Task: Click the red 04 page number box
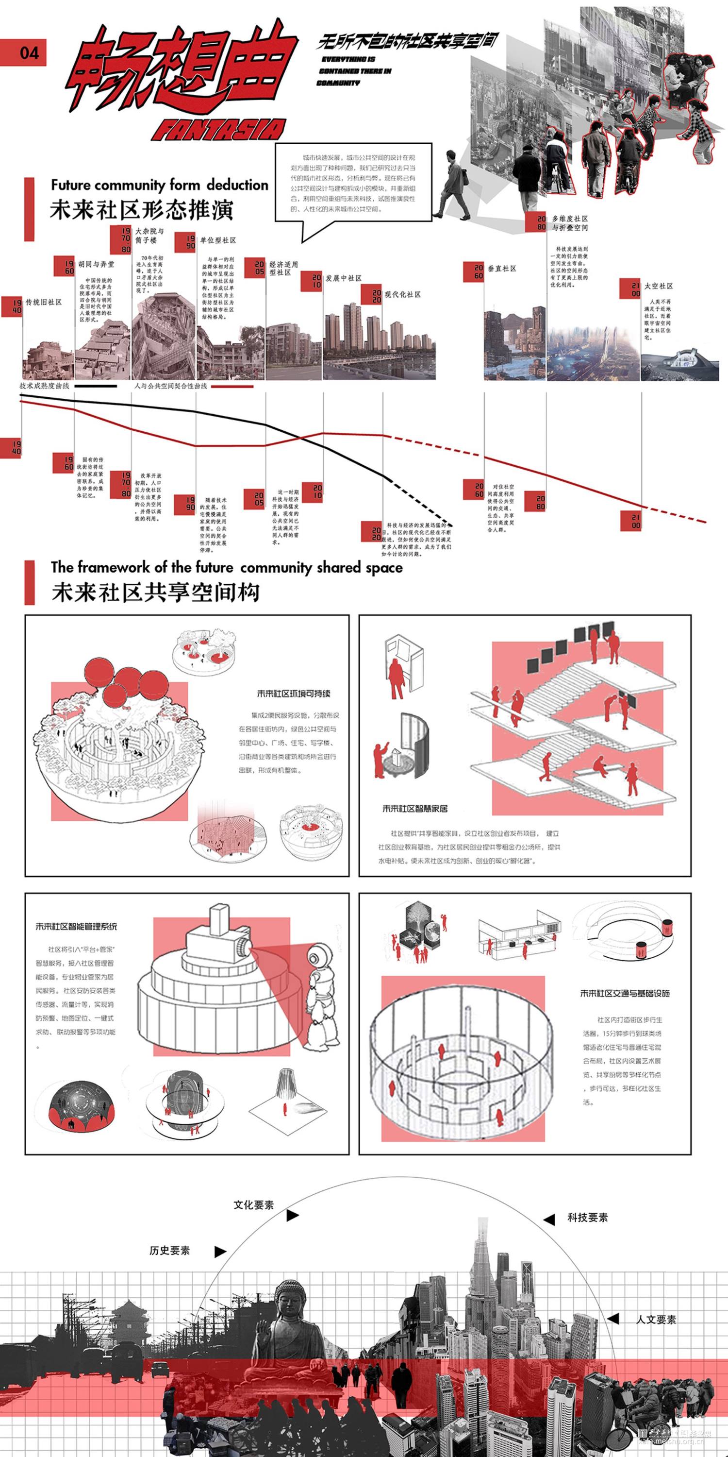(x=23, y=52)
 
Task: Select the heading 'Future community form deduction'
(x=159, y=185)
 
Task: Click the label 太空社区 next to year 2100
(x=659, y=286)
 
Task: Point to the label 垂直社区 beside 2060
(x=502, y=269)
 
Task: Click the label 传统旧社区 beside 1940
(x=44, y=303)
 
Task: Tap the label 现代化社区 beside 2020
(x=402, y=295)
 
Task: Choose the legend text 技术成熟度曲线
(x=44, y=386)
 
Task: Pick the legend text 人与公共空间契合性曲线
(x=171, y=386)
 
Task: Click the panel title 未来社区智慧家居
(x=415, y=809)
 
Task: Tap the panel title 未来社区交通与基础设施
(x=625, y=993)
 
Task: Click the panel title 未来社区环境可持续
(x=294, y=694)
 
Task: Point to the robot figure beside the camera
(x=322, y=996)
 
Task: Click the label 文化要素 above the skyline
(x=254, y=1205)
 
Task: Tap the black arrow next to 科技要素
(x=548, y=1220)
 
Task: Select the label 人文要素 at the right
(x=656, y=1320)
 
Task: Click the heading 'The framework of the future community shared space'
(x=227, y=567)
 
